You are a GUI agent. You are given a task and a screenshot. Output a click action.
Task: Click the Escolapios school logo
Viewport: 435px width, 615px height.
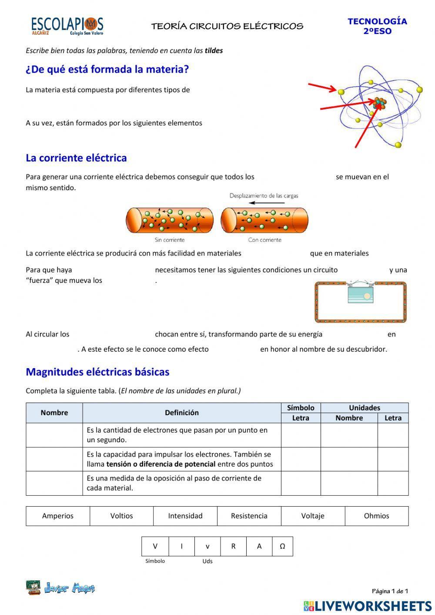[67, 26]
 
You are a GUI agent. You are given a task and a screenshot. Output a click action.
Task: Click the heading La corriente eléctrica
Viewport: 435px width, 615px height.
[76, 158]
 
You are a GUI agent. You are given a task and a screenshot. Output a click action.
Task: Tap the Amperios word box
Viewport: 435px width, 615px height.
[58, 516]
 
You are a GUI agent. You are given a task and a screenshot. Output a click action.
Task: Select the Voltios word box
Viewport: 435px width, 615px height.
[121, 516]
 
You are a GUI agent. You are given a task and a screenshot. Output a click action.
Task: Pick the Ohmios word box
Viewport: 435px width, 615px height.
[376, 516]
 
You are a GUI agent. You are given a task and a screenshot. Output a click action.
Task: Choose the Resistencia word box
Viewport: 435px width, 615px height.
[249, 516]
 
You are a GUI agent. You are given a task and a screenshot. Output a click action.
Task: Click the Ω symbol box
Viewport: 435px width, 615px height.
[282, 546]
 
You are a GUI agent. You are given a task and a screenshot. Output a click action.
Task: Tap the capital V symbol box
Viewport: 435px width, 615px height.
[155, 546]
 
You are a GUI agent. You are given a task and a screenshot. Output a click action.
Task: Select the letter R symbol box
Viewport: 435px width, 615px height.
[233, 546]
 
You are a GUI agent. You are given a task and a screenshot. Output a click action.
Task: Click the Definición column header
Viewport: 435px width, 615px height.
[181, 413]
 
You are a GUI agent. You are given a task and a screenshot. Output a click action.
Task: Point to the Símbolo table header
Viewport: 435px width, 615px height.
[301, 408]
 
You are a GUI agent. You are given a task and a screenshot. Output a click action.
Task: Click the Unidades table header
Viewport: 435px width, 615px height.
[365, 408]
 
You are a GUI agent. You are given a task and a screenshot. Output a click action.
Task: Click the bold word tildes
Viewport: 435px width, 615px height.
[214, 50]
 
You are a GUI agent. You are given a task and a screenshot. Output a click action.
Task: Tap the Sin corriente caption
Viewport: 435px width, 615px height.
[170, 240]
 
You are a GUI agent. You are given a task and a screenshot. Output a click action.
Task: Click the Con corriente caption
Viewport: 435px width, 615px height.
[264, 240]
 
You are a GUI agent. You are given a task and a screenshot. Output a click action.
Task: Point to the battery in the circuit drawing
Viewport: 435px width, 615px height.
[361, 293]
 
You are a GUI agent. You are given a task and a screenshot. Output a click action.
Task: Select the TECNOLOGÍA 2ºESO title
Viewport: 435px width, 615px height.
[377, 26]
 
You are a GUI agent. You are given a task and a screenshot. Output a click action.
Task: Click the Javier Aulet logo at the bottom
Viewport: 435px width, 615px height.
[60, 588]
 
